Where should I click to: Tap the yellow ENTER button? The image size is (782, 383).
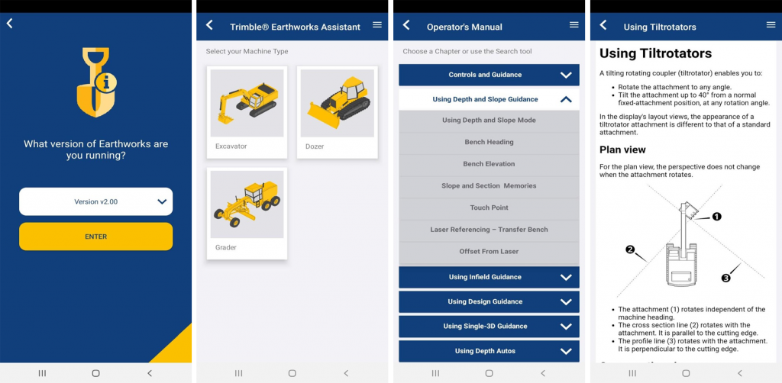(95, 237)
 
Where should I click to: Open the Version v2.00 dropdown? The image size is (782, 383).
(95, 201)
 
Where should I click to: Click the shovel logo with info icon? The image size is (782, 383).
(96, 82)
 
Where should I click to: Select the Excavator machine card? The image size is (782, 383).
(247, 112)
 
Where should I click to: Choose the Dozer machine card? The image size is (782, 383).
(337, 112)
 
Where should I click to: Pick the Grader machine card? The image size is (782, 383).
(247, 213)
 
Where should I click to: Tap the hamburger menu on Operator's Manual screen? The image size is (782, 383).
(574, 25)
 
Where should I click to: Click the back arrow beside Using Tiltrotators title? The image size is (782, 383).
(603, 25)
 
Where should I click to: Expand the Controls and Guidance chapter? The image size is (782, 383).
(489, 75)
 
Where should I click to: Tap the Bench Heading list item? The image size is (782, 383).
(489, 142)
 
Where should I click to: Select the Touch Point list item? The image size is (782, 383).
(489, 208)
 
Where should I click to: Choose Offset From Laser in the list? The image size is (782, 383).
(489, 252)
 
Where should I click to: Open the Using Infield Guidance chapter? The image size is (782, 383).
(489, 278)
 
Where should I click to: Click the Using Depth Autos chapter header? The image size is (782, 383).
(489, 351)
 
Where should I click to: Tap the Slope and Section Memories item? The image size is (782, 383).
(489, 185)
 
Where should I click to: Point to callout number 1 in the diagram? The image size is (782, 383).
(716, 217)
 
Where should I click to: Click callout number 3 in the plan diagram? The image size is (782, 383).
(726, 278)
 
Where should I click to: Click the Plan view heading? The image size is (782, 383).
(622, 150)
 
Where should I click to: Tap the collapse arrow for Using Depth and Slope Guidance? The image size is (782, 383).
(566, 100)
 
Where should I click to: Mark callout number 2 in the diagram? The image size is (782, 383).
(630, 250)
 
